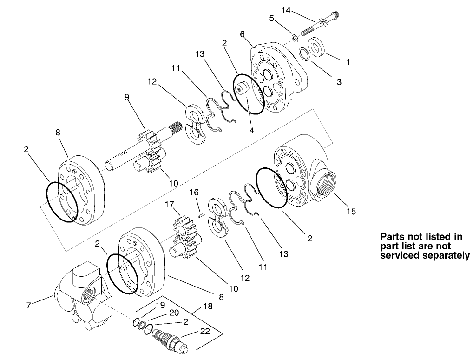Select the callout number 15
coord(351,211)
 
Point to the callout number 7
coord(29,305)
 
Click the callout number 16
coord(194,192)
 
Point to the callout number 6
coord(242,34)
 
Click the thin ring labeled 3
coord(305,54)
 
